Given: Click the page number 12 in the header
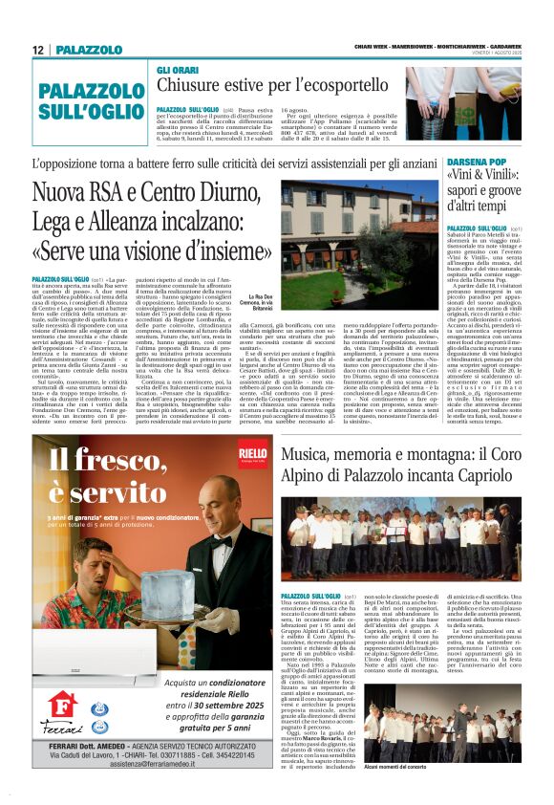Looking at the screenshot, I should click(x=37, y=50).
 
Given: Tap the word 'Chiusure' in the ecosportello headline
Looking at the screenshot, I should click(x=188, y=86).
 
